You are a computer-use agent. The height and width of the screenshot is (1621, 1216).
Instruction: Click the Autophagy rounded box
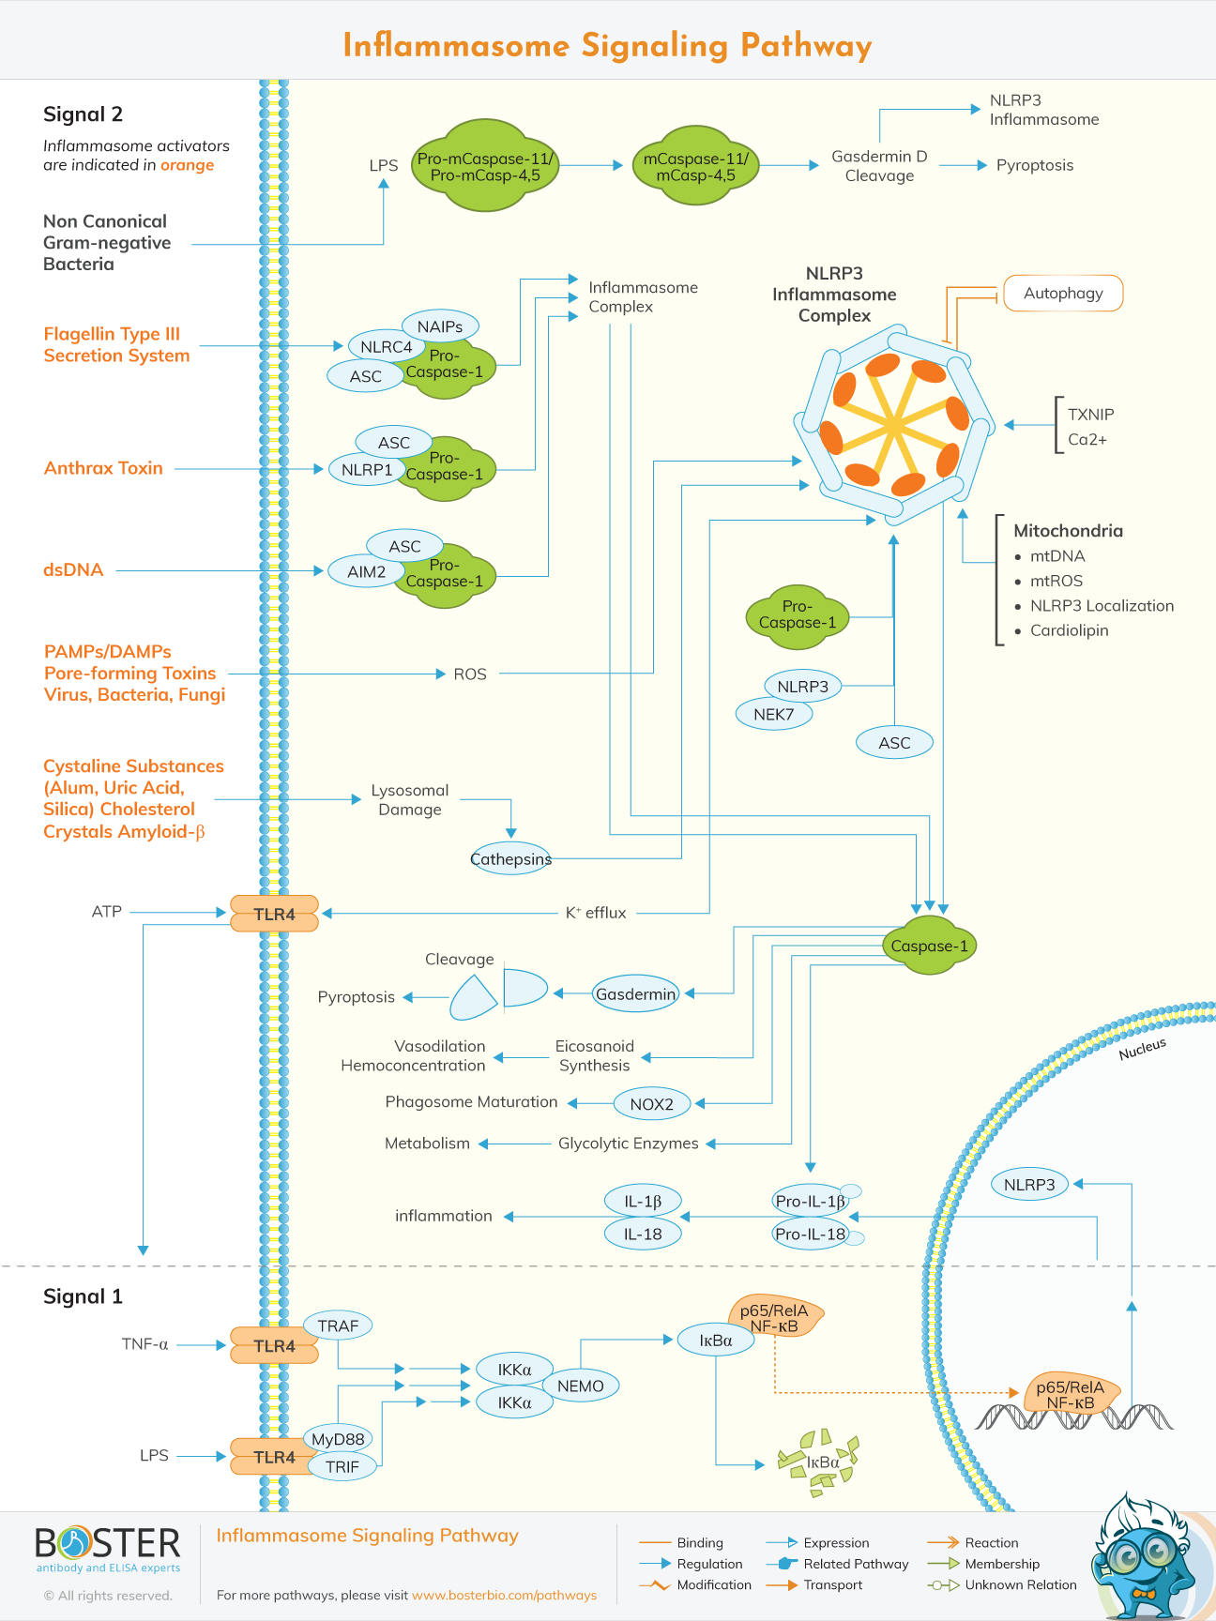tap(1063, 294)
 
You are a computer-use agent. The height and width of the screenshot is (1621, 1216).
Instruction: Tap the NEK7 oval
tap(774, 714)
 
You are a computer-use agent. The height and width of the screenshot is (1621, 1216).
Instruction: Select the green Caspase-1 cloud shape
tap(929, 946)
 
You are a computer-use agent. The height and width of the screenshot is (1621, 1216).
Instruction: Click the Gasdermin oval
tap(635, 994)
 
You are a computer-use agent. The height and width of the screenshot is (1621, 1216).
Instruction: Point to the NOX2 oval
tap(652, 1104)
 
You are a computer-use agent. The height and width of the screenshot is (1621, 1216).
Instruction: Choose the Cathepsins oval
tap(510, 859)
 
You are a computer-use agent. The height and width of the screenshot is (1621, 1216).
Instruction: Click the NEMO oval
tap(580, 1386)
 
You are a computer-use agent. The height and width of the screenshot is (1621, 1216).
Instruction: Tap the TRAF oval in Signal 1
tap(338, 1326)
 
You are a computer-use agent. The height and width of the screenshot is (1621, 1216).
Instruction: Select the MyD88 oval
tap(338, 1439)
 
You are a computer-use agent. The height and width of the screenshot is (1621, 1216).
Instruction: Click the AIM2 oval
tap(366, 571)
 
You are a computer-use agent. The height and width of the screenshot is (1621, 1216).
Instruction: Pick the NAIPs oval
tap(440, 326)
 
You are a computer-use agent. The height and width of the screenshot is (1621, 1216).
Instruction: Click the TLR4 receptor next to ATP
tap(274, 914)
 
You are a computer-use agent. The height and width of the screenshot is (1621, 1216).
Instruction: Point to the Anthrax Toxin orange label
tap(103, 468)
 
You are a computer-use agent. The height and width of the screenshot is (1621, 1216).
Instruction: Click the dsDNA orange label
tap(73, 569)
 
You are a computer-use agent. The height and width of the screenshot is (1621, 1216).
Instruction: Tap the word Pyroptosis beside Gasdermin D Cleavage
tap(1034, 165)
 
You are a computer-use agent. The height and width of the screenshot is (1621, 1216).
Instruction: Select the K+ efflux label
tap(595, 913)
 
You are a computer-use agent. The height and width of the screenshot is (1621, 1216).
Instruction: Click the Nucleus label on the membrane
tap(1142, 1049)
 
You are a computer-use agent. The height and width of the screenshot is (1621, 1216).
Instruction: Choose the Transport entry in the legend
tap(832, 1584)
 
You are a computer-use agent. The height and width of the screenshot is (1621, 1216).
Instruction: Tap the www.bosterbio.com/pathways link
tap(504, 1595)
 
